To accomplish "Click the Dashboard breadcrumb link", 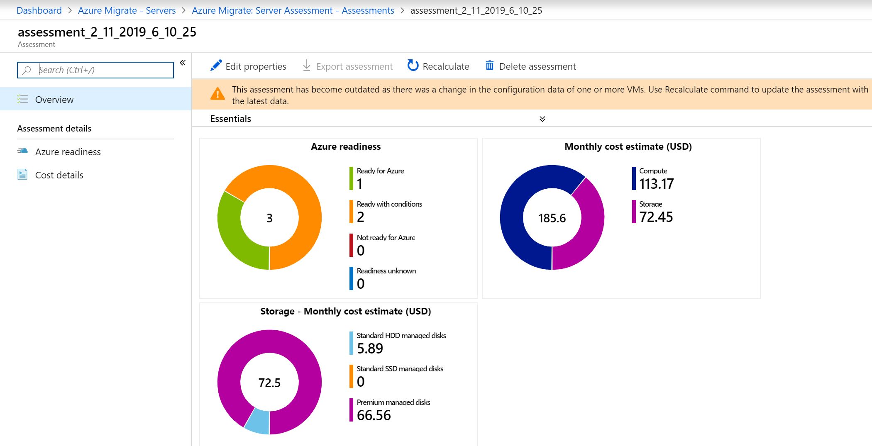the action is tap(39, 10).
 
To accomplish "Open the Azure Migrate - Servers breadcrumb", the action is tap(127, 10).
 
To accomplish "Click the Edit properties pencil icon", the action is tap(216, 66).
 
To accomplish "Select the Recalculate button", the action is tap(438, 66).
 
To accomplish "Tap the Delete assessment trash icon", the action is tap(490, 66).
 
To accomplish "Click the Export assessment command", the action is tap(348, 66).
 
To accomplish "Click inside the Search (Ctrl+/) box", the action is tap(95, 70).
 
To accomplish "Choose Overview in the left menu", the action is tap(54, 100).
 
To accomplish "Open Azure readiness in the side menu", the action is tap(68, 152).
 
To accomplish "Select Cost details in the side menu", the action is tap(59, 175).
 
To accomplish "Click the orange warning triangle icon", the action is tap(217, 94).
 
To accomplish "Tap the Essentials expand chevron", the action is tap(542, 119).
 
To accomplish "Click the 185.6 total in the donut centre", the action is tap(552, 218).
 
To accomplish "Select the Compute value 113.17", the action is tap(657, 184).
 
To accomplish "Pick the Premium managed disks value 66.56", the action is tap(374, 415).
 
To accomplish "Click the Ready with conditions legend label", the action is tap(389, 204).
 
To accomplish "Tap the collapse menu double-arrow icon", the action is tap(183, 63).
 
